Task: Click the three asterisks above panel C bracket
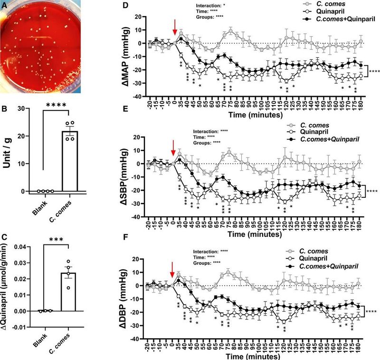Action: (x=54, y=235)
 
